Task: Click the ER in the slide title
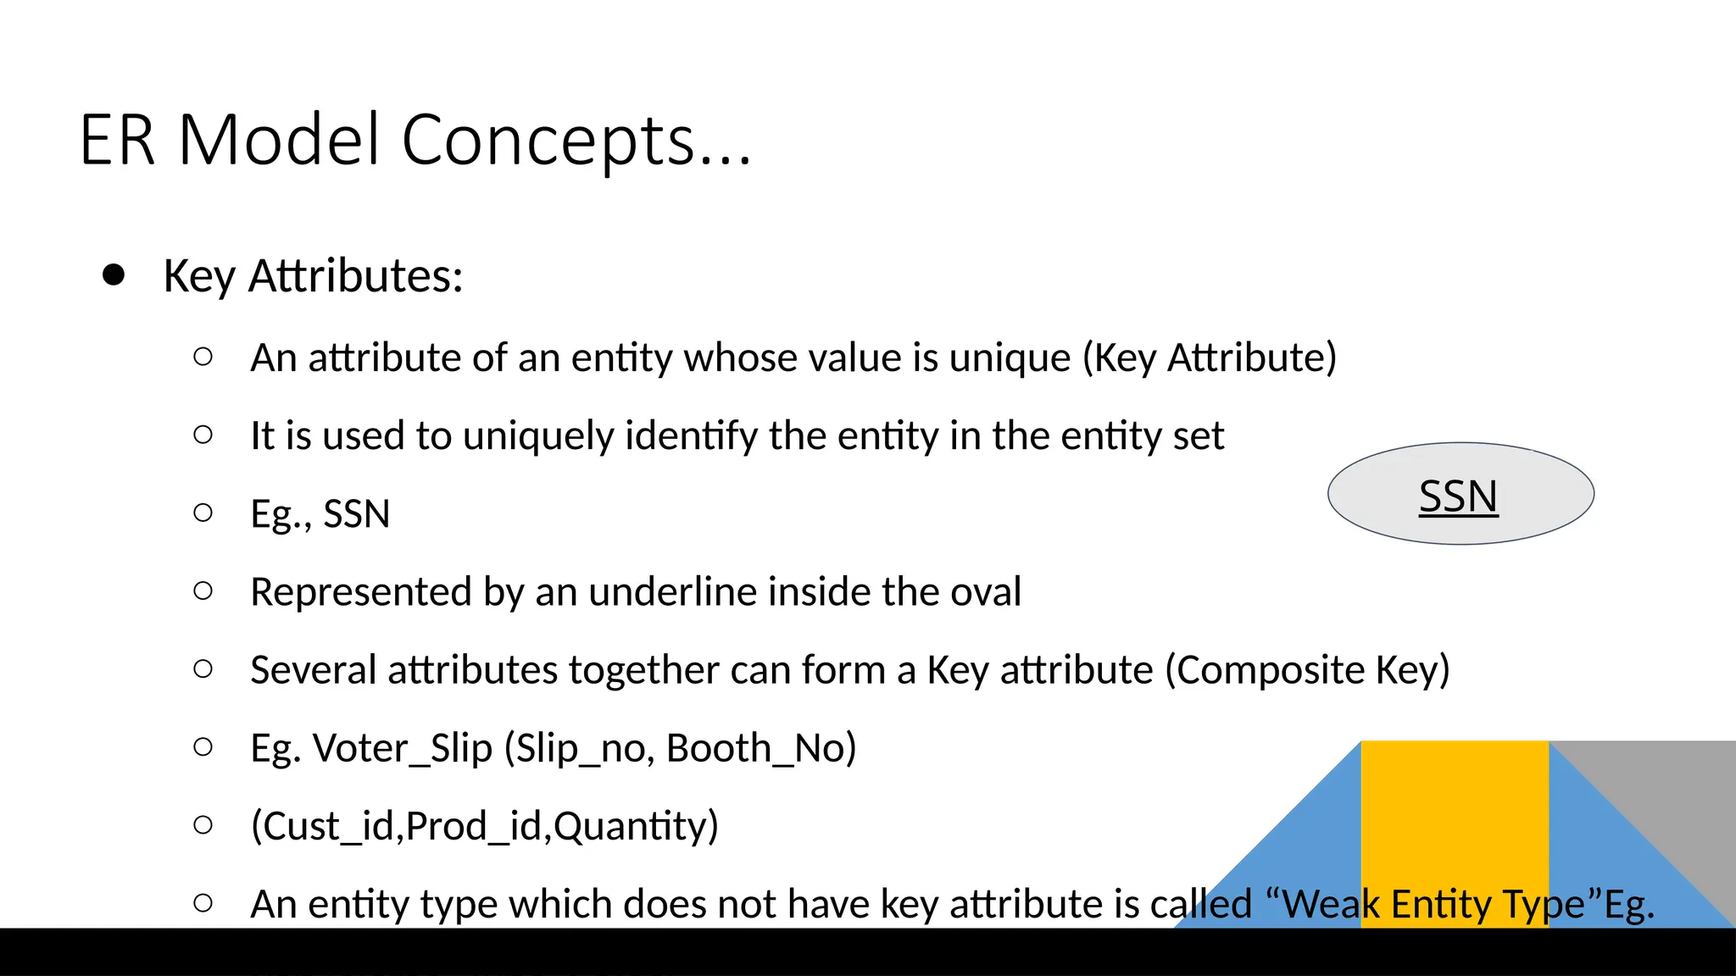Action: click(117, 141)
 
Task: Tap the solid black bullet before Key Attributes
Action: click(114, 275)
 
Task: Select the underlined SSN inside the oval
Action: click(1458, 496)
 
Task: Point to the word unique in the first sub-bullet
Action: click(1010, 358)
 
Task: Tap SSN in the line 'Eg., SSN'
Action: click(357, 514)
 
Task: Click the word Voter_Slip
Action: click(403, 749)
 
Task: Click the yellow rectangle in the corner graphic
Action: click(1455, 813)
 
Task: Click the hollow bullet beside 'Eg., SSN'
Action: click(203, 513)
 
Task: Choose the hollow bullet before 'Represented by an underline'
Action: click(203, 591)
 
